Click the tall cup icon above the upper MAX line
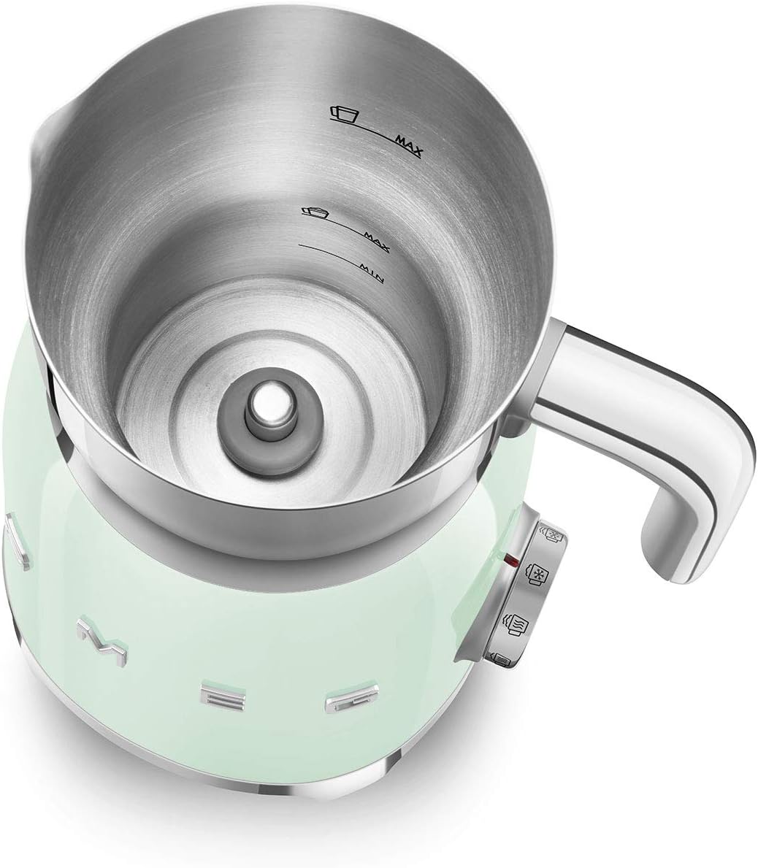pos(345,113)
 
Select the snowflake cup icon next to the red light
pos(537,574)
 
